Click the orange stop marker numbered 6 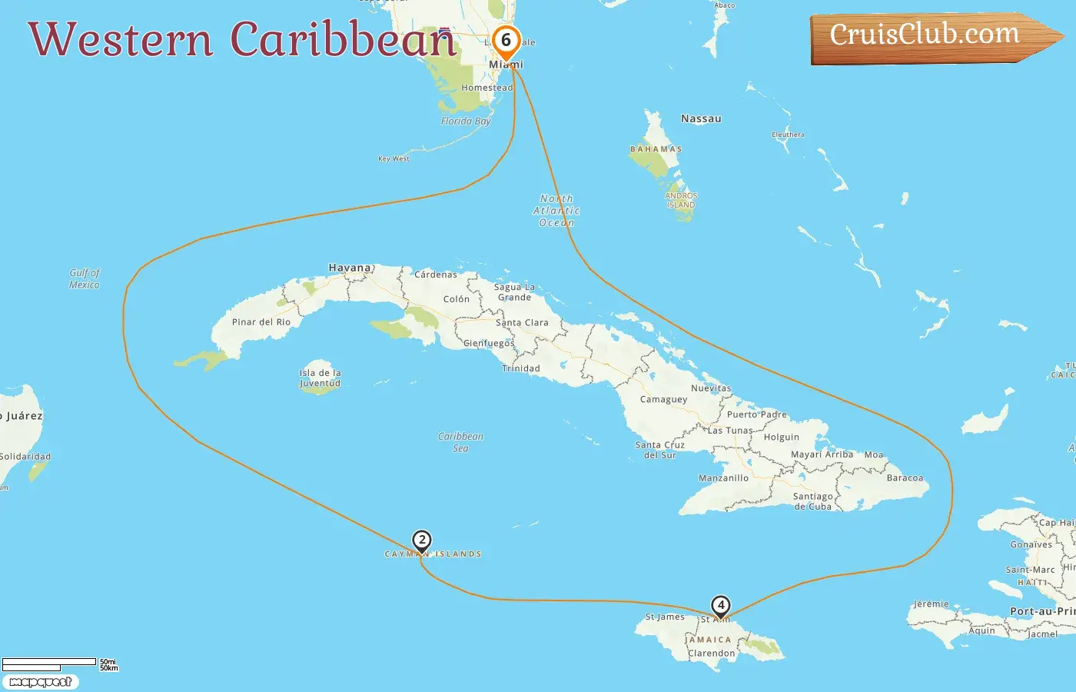[x=506, y=41]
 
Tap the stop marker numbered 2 [x=421, y=541]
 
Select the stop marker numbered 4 [x=720, y=606]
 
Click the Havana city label [x=350, y=268]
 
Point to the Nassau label [x=701, y=119]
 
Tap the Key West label [x=394, y=159]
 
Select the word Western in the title [x=121, y=39]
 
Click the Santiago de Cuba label [x=812, y=501]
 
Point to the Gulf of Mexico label [x=85, y=278]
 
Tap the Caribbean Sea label [x=460, y=442]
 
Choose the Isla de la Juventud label [x=320, y=378]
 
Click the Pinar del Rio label [x=261, y=322]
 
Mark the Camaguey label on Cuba [x=663, y=400]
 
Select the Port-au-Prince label [x=1042, y=611]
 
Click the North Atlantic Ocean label [x=556, y=211]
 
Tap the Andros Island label [x=681, y=200]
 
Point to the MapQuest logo [x=41, y=682]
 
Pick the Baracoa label [x=905, y=478]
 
